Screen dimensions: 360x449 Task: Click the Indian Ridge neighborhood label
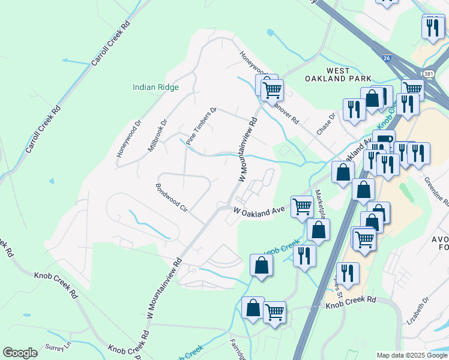coord(155,87)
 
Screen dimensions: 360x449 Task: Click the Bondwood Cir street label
coord(172,199)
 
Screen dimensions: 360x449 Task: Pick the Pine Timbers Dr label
coord(200,127)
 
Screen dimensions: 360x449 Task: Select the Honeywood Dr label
coord(128,139)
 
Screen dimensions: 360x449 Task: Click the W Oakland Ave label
coord(259,211)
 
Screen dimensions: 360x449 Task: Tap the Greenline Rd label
coord(436,190)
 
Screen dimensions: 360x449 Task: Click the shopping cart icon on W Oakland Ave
coord(302,206)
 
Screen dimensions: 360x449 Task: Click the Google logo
coord(20,353)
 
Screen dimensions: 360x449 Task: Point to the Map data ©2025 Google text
coord(411,355)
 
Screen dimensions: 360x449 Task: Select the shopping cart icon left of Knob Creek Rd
coord(274,312)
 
